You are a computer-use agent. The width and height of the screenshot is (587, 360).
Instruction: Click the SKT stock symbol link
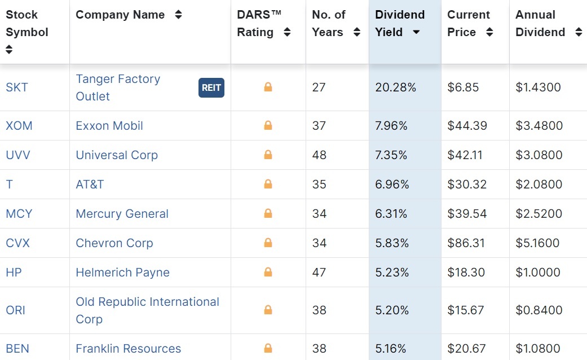[x=17, y=87]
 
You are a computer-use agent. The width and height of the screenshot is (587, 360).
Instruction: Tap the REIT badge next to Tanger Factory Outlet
[x=211, y=87]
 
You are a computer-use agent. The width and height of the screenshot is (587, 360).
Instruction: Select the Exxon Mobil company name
[x=109, y=126]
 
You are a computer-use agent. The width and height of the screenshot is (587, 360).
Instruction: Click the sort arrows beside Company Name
[x=179, y=15]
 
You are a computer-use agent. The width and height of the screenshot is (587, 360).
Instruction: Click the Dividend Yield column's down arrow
[x=416, y=33]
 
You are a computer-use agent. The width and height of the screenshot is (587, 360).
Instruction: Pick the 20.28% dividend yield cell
[x=395, y=87]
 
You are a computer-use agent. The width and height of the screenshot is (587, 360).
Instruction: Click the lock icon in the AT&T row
[x=268, y=185]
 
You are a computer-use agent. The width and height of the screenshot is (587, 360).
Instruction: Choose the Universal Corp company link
[x=117, y=155]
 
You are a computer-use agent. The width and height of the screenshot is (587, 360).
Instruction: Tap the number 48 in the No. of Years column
[x=319, y=155]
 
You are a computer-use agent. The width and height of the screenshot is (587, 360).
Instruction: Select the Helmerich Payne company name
[x=122, y=273]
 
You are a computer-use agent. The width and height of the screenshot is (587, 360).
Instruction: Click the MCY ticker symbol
[x=19, y=214]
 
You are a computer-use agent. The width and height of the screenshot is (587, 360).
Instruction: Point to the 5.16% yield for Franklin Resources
[x=391, y=349]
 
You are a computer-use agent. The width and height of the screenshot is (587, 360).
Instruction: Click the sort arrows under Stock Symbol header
[x=9, y=50]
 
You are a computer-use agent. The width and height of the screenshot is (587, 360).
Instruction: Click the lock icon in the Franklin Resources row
[x=268, y=348]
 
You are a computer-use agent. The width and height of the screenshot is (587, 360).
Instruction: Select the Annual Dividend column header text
[x=540, y=24]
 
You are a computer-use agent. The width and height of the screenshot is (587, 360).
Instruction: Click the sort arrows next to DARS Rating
[x=287, y=33]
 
